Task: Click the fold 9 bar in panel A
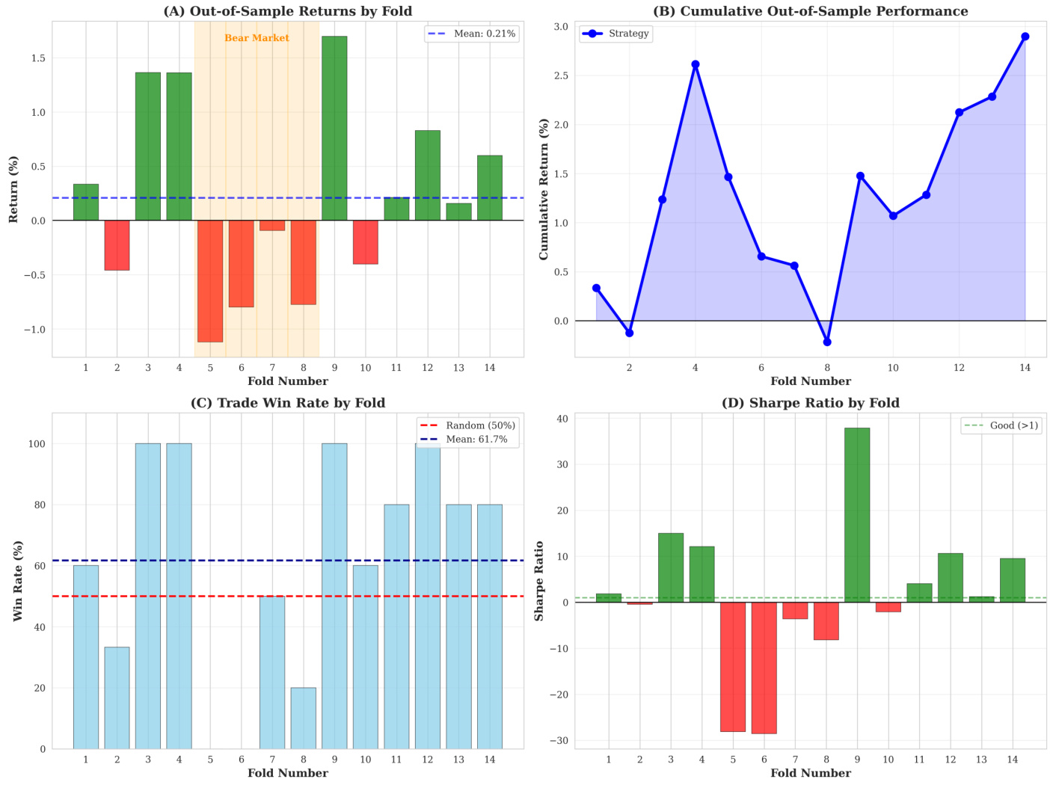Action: (334, 128)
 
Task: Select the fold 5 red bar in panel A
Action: (210, 281)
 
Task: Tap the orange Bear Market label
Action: (257, 38)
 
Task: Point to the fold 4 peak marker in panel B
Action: (696, 64)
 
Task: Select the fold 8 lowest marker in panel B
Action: (827, 342)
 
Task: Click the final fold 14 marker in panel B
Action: (1025, 37)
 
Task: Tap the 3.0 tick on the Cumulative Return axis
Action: (561, 27)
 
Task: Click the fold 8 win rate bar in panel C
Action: (303, 718)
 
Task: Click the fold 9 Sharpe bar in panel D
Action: (857, 515)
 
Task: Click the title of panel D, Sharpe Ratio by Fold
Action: (810, 403)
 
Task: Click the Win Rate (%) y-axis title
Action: (18, 580)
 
